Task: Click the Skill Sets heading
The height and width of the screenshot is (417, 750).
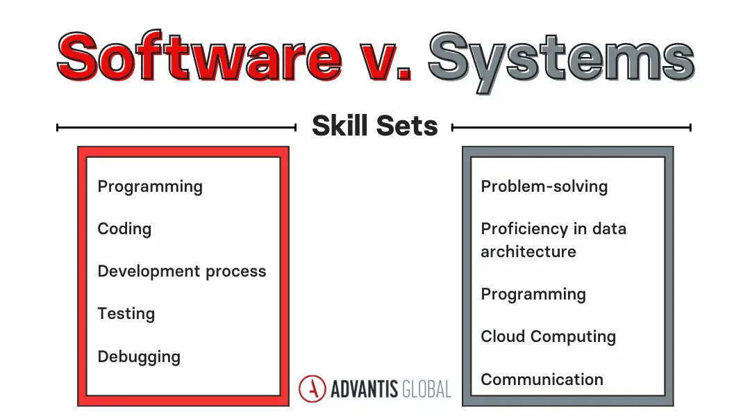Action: (x=374, y=126)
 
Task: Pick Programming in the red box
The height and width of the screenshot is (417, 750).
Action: (x=150, y=186)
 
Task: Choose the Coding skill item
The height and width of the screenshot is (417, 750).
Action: (x=124, y=229)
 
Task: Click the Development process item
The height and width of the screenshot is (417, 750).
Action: (x=182, y=271)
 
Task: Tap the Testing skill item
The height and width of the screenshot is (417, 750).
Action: (x=126, y=313)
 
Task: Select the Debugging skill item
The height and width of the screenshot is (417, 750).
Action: (x=139, y=357)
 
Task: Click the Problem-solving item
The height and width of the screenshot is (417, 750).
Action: (x=544, y=186)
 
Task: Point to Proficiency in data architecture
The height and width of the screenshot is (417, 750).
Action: (x=553, y=239)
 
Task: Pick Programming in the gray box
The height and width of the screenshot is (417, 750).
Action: (x=533, y=294)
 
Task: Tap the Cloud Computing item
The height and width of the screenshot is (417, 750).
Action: (x=548, y=336)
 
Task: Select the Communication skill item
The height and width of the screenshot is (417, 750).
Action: (x=542, y=379)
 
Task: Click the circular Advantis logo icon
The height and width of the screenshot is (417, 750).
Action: (x=312, y=389)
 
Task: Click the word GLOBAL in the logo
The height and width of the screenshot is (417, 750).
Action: (x=426, y=389)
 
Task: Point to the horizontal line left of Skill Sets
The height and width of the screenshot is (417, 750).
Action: (x=176, y=127)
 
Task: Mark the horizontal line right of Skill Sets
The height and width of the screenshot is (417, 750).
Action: (x=571, y=127)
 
